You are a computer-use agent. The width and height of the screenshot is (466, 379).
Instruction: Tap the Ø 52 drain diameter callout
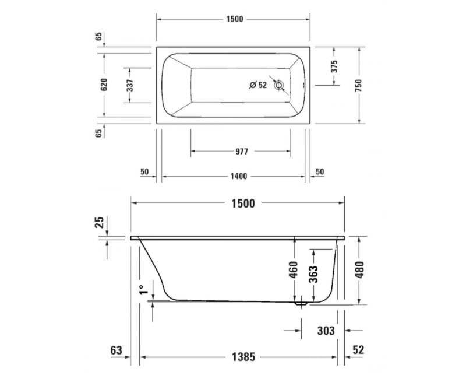pos(257,85)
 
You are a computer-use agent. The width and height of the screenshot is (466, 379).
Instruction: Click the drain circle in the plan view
pos(280,85)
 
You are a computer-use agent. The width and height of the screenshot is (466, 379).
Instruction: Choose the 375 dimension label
pos(334,66)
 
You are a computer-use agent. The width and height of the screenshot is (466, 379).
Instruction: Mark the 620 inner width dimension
pos(105,85)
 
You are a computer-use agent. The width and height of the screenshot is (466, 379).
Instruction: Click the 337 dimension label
pos(130,85)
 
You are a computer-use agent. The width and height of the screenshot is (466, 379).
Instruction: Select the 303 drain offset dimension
pos(326,331)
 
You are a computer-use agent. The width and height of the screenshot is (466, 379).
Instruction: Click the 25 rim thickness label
pos(100,222)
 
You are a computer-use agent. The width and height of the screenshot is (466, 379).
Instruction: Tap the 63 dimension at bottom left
pos(116,350)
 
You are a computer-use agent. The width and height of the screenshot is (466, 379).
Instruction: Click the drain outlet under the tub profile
pos(301,304)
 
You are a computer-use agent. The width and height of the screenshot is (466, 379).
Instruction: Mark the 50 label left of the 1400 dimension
pos(145,172)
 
